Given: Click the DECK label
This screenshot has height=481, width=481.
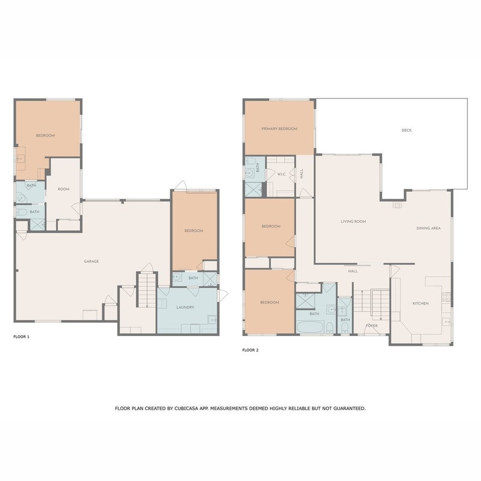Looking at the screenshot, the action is [406, 130].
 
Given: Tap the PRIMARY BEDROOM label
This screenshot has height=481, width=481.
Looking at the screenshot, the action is [279, 129].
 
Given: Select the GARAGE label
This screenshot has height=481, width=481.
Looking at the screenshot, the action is [91, 262].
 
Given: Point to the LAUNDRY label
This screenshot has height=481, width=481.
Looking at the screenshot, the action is [185, 307].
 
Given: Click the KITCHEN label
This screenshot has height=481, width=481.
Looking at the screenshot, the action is [420, 304].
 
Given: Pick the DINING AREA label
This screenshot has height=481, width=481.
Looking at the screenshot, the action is [429, 228].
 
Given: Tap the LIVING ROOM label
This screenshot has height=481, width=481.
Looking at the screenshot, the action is [354, 221].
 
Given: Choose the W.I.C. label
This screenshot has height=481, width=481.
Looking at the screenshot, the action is [281, 174].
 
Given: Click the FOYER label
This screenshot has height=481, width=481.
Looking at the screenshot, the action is [372, 326].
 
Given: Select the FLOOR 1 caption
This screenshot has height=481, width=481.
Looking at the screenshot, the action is [22, 337].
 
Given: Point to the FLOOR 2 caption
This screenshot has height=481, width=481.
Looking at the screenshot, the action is [250, 350].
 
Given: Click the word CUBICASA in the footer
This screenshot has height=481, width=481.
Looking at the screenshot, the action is [186, 409].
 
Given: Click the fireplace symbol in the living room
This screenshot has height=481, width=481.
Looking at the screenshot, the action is [397, 205].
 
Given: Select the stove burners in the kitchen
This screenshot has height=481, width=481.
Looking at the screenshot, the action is [446, 297].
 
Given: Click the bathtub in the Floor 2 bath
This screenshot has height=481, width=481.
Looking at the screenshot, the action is [310, 327].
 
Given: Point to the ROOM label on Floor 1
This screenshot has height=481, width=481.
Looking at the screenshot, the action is [64, 189].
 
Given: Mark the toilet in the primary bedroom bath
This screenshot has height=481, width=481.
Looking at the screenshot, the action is [251, 161].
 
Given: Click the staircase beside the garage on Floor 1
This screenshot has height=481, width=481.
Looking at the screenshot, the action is [147, 290].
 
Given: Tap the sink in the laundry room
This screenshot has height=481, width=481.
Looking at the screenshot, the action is [212, 320].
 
